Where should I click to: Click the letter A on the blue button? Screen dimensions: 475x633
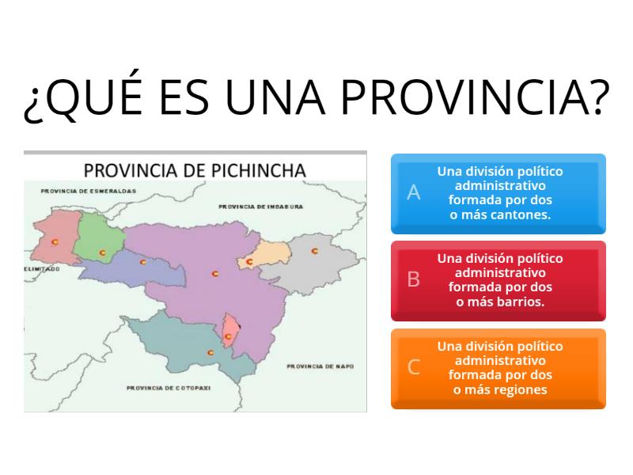pos(413,192)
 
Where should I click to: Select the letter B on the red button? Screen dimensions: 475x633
pos(413,279)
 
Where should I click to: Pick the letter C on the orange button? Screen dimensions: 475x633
pos(413,367)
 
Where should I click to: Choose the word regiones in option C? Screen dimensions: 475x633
pos(521,389)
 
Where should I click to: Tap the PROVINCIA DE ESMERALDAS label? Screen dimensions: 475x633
pos(88,191)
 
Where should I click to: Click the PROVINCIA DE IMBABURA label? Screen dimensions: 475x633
pos(261,207)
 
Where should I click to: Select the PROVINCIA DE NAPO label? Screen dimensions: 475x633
pos(320,367)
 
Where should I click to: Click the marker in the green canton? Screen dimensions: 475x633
pos(103,253)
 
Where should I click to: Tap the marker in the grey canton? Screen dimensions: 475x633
pos(314,251)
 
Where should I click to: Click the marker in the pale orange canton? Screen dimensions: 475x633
pos(249,261)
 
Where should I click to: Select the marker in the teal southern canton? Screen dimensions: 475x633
pos(210,352)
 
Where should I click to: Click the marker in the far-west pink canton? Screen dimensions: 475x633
pos(55,242)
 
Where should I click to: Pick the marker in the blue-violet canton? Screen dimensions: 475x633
pos(143,262)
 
